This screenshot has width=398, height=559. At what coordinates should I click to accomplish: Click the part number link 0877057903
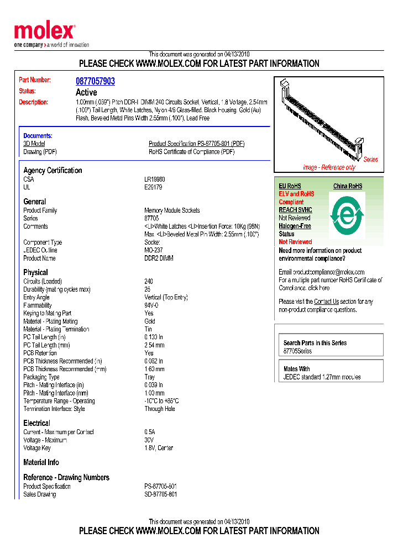pos(95,81)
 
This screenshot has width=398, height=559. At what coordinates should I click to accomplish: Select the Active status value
pos(86,92)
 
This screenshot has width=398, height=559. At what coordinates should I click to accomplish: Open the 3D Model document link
pos(34,144)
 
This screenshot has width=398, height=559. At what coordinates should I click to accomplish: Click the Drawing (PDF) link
pos(40,152)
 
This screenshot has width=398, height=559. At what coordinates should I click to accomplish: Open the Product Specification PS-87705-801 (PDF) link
pos(196,144)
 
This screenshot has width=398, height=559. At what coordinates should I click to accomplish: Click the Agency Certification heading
pos(53,170)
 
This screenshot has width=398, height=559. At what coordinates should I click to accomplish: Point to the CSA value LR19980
pos(155,180)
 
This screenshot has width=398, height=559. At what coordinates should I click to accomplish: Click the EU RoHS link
pos(290,186)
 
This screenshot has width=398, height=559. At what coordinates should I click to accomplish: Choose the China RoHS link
pos(348,186)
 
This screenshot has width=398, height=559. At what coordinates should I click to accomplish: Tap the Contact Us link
pos(326,302)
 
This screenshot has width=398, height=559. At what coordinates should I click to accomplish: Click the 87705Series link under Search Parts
pos(297,351)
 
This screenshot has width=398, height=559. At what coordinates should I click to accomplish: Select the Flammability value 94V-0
pos(151,305)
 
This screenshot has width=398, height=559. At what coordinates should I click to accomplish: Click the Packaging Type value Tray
pos(150,377)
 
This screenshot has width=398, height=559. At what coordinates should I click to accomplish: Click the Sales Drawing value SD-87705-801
pos(161,494)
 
